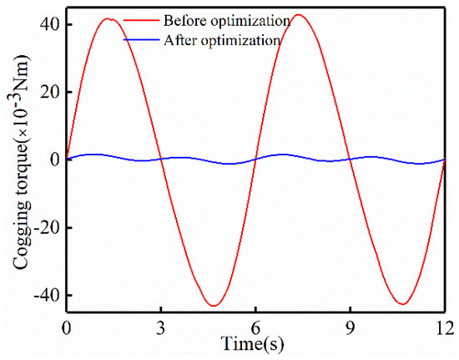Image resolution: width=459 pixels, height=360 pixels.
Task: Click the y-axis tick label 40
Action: (47, 23)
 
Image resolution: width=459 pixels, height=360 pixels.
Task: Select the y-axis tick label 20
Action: (47, 91)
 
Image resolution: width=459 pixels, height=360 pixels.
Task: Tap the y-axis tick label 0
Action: (52, 160)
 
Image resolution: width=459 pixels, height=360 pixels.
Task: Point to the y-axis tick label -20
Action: (43, 227)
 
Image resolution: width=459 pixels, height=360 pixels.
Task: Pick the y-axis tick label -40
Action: (43, 296)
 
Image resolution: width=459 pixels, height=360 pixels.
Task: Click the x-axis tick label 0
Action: (67, 327)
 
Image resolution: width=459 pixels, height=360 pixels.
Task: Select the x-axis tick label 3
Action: (161, 327)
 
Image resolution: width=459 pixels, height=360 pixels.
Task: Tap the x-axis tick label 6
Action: (256, 327)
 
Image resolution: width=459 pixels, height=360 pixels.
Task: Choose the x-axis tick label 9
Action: (351, 327)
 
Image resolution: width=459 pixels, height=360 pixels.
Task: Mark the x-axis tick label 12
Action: (445, 327)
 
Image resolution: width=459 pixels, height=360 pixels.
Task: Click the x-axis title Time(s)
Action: (255, 344)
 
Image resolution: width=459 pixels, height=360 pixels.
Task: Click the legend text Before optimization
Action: (215, 18)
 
